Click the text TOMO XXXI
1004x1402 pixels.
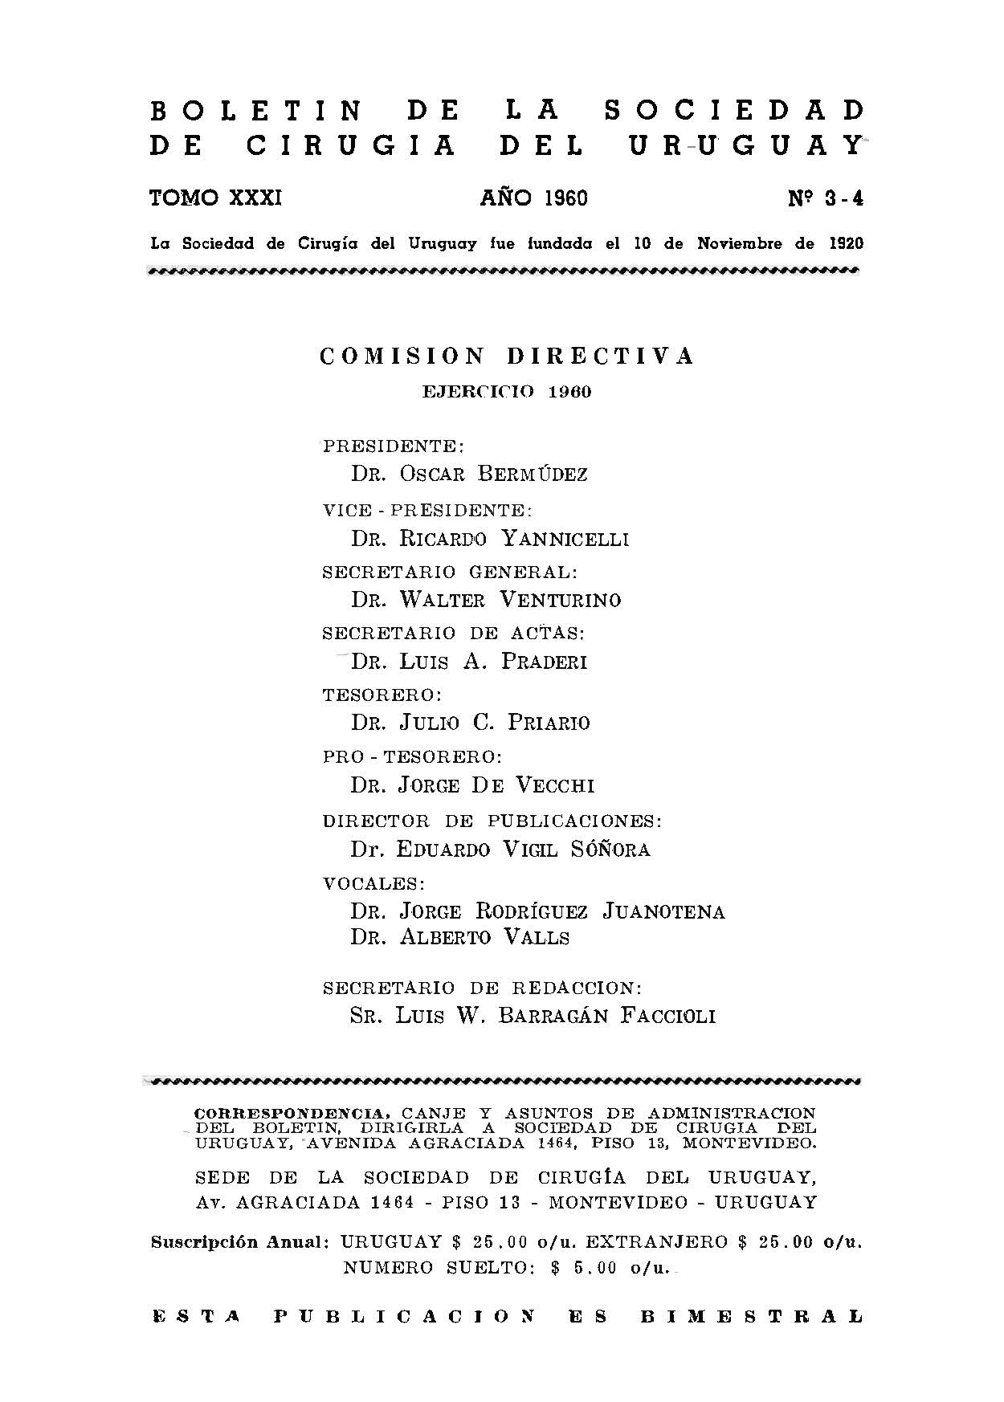pos(215,198)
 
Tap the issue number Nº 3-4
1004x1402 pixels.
pos(825,198)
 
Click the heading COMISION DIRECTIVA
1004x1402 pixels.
pos(507,357)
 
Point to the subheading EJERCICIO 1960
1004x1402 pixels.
pos(507,393)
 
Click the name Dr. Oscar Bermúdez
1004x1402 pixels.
pos(469,474)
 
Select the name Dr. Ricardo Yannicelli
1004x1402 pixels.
pos(490,538)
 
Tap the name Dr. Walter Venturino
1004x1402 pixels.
pos(486,600)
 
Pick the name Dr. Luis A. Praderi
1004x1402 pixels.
pos(469,661)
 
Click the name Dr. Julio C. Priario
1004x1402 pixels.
pos(470,723)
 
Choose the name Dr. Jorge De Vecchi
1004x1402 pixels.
pos(472,785)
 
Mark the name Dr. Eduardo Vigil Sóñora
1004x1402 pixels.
pos(500,849)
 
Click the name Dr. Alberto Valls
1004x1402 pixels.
pos(459,937)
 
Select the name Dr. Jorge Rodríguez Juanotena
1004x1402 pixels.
pos(537,911)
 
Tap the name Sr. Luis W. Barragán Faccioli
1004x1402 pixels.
pos(533,1016)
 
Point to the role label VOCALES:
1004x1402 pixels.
pos(373,883)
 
